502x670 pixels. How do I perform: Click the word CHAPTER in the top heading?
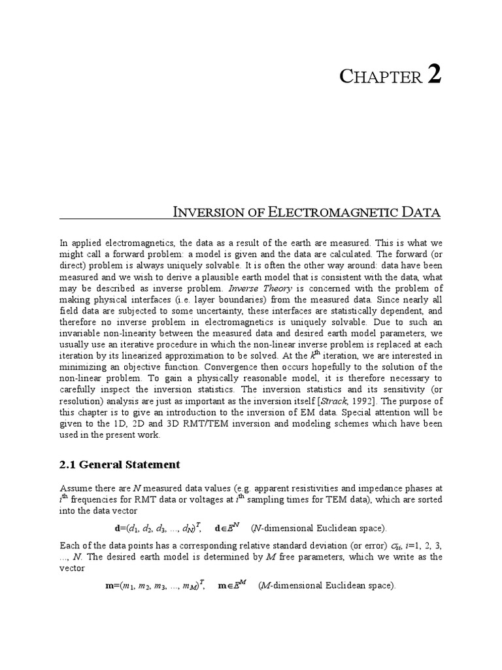click(x=380, y=77)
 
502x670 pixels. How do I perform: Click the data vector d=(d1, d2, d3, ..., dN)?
click(x=160, y=527)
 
